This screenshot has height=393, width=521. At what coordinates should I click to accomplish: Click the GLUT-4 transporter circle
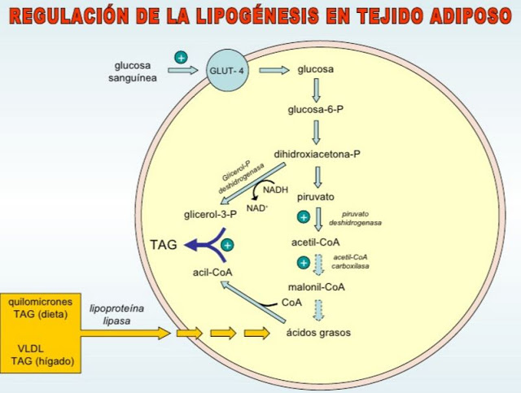pyautogui.click(x=227, y=71)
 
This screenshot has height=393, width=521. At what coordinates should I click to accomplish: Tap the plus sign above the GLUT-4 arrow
pyautogui.click(x=181, y=58)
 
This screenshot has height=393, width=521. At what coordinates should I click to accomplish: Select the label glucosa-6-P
pyautogui.click(x=316, y=110)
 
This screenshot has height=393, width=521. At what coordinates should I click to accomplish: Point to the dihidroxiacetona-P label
pyautogui.click(x=317, y=155)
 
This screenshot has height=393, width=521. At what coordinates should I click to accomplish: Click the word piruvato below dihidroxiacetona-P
pyautogui.click(x=316, y=197)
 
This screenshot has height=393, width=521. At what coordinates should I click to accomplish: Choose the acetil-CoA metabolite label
pyautogui.click(x=316, y=242)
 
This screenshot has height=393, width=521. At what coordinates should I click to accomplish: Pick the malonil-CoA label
pyautogui.click(x=317, y=286)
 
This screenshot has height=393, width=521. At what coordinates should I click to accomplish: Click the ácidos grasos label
pyautogui.click(x=318, y=333)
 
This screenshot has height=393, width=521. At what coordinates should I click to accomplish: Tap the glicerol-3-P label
pyautogui.click(x=210, y=215)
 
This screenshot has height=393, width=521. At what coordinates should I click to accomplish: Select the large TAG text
pyautogui.click(x=164, y=245)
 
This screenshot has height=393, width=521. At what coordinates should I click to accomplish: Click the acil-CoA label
pyautogui.click(x=212, y=273)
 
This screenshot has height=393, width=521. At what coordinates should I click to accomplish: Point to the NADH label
pyautogui.click(x=275, y=190)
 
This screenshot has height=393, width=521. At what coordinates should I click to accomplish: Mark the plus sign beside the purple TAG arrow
pyautogui.click(x=228, y=245)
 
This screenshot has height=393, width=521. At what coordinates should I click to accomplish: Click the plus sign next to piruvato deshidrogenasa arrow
pyautogui.click(x=304, y=217)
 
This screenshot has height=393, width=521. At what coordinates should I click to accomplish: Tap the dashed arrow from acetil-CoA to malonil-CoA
pyautogui.click(x=318, y=264)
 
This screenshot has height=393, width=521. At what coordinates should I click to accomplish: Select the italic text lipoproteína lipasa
pyautogui.click(x=116, y=315)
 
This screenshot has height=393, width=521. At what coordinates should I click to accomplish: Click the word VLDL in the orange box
pyautogui.click(x=31, y=349)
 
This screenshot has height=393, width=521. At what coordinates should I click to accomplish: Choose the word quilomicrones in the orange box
pyautogui.click(x=40, y=302)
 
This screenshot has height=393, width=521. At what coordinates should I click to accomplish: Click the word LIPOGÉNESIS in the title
pyautogui.click(x=257, y=15)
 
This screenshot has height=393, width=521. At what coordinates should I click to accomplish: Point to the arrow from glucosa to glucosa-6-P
pyautogui.click(x=317, y=90)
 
